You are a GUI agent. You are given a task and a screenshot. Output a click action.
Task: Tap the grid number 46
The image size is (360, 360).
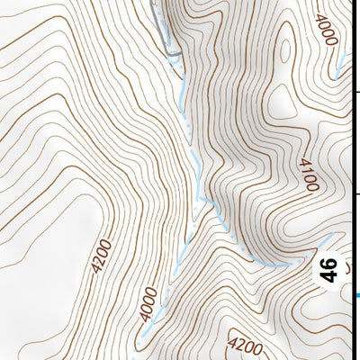330,269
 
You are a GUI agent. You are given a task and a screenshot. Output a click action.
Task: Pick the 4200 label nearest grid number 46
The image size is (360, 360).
246,346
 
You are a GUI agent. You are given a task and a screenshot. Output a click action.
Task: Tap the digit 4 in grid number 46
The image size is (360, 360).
330,275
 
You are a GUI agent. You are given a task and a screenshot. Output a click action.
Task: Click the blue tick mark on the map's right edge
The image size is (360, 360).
357,295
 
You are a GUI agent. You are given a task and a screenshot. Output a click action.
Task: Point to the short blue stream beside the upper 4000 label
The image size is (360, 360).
340,63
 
